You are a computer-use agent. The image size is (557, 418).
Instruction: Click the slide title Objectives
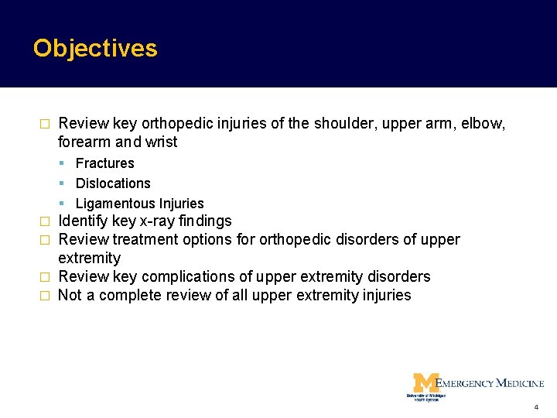(95, 48)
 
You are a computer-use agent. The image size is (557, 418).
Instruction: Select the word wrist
(160, 142)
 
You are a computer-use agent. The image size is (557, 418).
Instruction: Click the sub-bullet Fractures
(104, 163)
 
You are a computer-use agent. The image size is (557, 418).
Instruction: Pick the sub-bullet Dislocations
(113, 183)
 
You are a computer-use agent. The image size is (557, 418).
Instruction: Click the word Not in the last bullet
(70, 295)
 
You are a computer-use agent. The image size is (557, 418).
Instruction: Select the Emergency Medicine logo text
(490, 382)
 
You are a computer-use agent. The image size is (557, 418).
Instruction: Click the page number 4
(536, 407)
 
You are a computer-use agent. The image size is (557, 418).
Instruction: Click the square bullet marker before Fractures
(61, 163)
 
